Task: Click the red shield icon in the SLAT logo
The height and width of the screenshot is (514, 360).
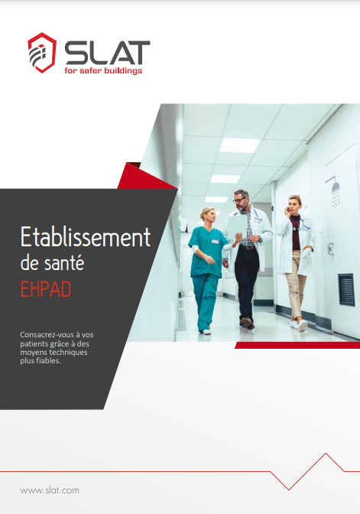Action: pos(40,54)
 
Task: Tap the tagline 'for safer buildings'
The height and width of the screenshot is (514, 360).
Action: pos(102,71)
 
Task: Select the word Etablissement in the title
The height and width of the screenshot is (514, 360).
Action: pos(85,237)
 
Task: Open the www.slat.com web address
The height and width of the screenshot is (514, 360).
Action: pos(49,490)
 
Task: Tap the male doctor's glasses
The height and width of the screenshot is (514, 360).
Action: pos(241,200)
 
